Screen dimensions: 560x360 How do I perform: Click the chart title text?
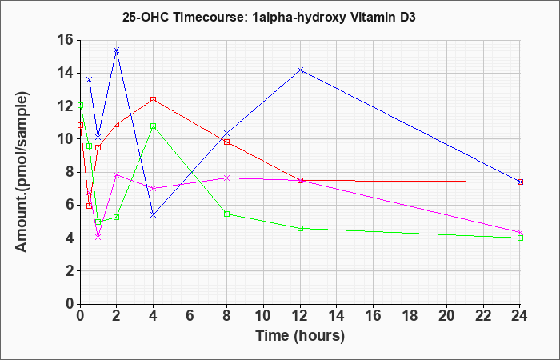click(269, 17)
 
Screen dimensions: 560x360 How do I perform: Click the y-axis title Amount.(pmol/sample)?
click(22, 172)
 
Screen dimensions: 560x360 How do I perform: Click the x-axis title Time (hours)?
click(300, 336)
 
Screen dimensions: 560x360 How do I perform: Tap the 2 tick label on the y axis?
click(70, 271)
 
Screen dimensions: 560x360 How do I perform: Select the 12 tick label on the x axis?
click(300, 316)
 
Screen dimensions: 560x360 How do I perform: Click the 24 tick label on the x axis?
click(520, 316)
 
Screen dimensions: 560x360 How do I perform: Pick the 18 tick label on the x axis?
click(410, 316)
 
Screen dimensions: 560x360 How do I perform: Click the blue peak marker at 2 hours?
click(117, 50)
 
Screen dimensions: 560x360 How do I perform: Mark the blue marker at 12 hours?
click(300, 70)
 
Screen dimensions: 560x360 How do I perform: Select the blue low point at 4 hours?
click(154, 214)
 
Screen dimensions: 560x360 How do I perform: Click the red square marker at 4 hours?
click(154, 100)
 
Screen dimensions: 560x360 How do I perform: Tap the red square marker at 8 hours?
click(226, 142)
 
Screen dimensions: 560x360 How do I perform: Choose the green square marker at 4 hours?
click(154, 126)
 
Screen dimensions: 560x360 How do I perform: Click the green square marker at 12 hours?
click(300, 228)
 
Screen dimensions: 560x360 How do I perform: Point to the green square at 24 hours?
click(520, 238)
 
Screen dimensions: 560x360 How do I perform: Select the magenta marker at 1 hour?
click(98, 237)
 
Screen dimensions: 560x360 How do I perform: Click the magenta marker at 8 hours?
click(226, 178)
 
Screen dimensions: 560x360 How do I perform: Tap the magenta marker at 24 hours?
click(520, 232)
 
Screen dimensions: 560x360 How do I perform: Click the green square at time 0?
click(80, 106)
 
